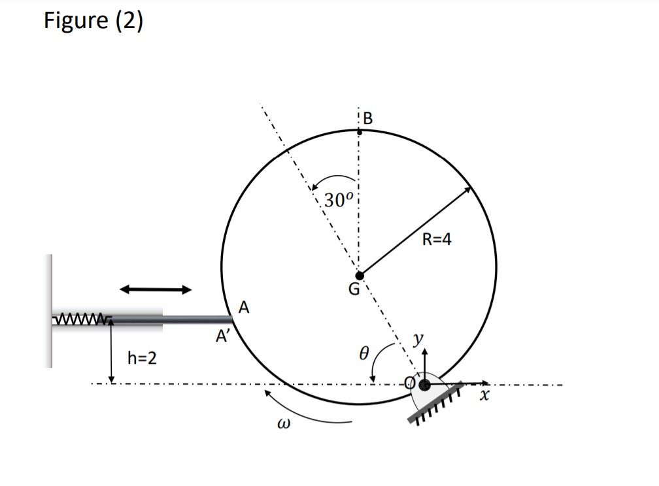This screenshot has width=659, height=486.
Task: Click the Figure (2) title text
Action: (93, 21)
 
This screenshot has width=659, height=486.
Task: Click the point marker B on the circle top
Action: (359, 131)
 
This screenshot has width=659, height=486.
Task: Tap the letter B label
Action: (367, 118)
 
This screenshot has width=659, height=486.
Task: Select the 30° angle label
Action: (339, 200)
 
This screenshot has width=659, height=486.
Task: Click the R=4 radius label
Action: (437, 239)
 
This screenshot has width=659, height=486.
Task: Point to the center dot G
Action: (359, 274)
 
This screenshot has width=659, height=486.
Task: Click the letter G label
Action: (353, 290)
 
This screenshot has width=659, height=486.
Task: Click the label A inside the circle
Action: (245, 306)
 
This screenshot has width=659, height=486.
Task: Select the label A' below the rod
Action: (224, 337)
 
